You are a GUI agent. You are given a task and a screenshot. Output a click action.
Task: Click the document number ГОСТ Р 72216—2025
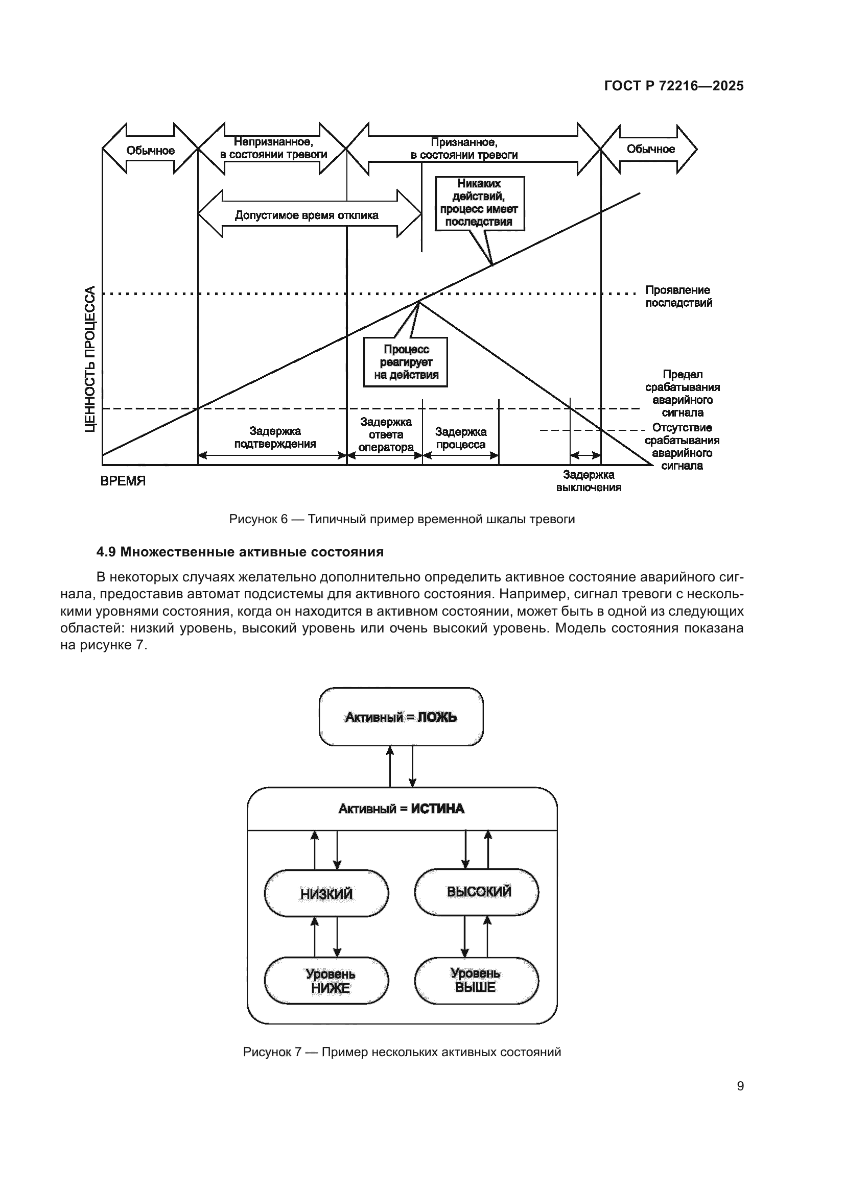pos(674,86)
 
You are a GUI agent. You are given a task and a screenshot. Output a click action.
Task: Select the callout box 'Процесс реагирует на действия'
pos(405,362)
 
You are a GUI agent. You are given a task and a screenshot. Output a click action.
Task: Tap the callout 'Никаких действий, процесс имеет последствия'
pos(479,203)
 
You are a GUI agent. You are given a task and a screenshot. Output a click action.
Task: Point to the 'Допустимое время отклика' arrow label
pos(307,215)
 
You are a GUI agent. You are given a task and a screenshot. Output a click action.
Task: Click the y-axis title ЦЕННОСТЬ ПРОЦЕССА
pos(90,359)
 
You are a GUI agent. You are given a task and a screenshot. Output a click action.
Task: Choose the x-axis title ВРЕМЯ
pos(123,481)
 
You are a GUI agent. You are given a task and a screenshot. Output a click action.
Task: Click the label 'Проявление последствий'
pos(678,297)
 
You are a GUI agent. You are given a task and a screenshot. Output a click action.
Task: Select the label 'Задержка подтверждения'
pos(275,437)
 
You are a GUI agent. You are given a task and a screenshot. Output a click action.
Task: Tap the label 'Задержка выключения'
pos(589,481)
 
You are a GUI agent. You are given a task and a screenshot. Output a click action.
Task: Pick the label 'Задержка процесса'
pos(460,438)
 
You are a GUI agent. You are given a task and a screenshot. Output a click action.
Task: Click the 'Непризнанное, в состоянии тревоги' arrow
pos(273,148)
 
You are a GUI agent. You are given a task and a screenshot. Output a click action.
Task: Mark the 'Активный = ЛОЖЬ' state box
pos(401,717)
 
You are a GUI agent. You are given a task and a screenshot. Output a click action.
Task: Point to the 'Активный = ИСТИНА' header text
pos(401,809)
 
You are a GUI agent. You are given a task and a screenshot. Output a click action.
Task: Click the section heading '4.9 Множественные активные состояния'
pos(240,552)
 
